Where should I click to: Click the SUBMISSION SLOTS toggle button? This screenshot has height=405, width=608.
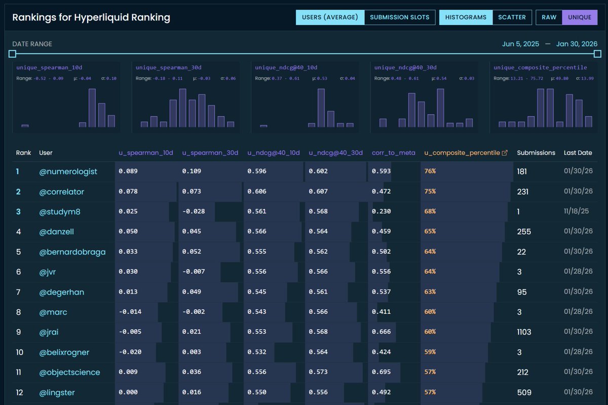399,17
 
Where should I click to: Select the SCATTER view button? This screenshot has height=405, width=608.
512,17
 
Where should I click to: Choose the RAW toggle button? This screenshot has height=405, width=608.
549,17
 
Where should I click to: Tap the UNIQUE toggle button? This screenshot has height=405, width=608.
580,17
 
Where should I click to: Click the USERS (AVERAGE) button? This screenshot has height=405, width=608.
330,17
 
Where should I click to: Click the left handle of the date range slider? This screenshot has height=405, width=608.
13,54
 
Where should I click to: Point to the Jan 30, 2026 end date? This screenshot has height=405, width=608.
577,44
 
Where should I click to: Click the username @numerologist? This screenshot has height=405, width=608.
68,172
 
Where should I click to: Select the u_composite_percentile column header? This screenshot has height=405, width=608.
461,153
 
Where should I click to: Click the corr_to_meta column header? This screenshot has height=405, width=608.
393,153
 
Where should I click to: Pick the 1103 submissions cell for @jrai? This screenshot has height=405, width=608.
524,332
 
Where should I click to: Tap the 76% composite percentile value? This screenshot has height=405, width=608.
430,172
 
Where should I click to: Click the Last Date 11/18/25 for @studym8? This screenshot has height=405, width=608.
578,212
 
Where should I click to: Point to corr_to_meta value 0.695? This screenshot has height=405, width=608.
381,372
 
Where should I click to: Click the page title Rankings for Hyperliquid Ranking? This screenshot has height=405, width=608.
91,18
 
